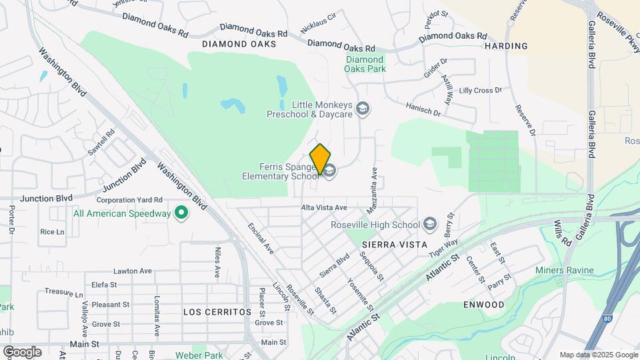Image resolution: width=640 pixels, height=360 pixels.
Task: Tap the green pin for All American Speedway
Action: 181,213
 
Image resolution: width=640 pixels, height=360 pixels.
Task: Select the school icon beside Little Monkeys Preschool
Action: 363,109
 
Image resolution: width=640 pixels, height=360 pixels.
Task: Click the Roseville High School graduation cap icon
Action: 429,224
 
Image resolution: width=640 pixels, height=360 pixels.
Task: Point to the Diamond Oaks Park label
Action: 365,64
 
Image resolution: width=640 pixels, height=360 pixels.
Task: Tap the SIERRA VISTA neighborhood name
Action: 399,245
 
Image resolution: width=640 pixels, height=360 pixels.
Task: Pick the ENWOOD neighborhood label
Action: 483,305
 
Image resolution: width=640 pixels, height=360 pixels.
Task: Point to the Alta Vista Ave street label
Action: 325,208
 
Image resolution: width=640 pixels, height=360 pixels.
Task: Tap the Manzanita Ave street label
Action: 372,190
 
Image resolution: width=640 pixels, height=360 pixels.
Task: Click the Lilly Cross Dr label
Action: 480,91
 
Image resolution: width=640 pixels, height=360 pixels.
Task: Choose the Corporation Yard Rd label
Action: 130,199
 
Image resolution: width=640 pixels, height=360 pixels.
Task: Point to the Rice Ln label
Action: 52,232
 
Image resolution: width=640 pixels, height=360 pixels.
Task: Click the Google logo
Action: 21,352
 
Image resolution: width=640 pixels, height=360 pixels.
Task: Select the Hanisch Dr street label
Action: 423,109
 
